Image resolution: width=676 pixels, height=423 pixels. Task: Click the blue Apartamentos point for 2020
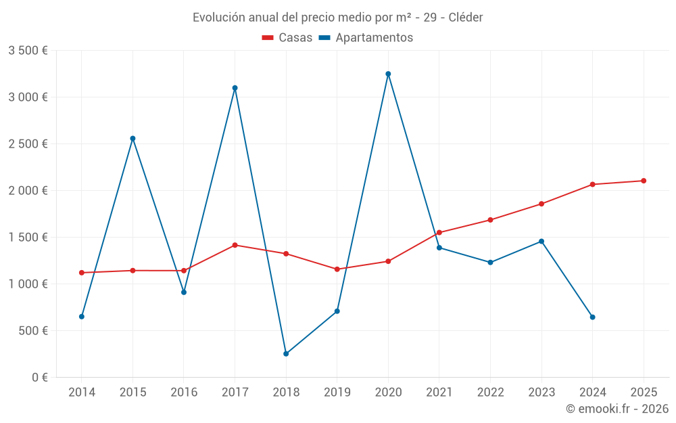[x=388, y=74]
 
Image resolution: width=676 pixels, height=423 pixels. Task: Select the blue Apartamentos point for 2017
[x=235, y=88]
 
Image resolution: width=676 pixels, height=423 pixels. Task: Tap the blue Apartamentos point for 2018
[x=286, y=354]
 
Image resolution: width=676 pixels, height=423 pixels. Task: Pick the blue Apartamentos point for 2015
[x=132, y=139]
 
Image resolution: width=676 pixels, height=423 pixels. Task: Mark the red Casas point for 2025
[x=644, y=181]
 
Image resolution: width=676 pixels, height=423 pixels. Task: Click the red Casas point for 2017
[x=235, y=245]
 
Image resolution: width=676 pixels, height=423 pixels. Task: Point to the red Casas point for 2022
[x=490, y=220]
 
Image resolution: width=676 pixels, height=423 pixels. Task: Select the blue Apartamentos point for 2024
[x=592, y=317]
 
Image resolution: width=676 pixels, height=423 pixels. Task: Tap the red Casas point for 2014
[x=82, y=273]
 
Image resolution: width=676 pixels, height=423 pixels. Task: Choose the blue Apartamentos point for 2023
[x=541, y=241]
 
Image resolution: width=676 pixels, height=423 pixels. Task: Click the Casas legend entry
[x=287, y=38]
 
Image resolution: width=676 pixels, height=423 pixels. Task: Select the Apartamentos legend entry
[x=366, y=38]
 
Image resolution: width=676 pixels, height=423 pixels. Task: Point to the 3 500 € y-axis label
[x=28, y=51]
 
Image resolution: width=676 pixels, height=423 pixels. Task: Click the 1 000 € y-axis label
[x=28, y=284]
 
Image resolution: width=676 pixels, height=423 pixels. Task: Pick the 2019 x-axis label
[x=337, y=392]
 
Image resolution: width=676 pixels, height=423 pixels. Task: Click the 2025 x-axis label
[x=644, y=392]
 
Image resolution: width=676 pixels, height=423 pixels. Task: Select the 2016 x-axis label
[x=184, y=392]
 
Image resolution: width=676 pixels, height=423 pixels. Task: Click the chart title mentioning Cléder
[x=338, y=18]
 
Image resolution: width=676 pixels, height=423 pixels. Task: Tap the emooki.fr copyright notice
[x=617, y=409]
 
